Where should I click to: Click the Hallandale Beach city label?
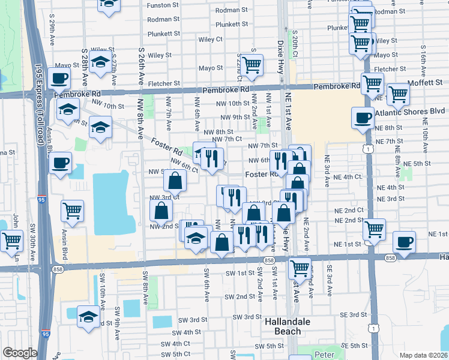tap(288, 326)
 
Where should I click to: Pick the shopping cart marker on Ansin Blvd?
tap(72, 210)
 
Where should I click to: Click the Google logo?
tap(20, 353)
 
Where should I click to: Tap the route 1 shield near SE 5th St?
tap(374, 328)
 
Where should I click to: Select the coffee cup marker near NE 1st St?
tap(403, 242)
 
